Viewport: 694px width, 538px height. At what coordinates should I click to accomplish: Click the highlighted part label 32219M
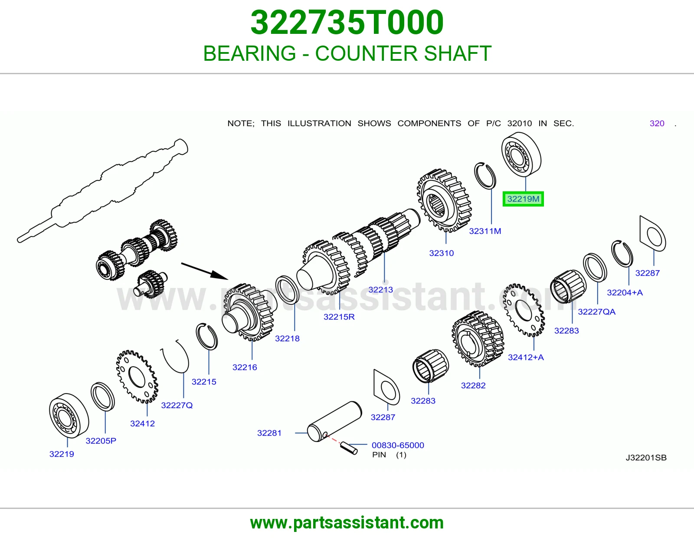[523, 199]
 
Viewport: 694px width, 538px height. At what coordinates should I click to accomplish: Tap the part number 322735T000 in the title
[347, 23]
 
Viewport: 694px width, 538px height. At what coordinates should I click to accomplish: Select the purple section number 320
[657, 123]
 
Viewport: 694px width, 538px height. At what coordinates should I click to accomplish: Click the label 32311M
[485, 231]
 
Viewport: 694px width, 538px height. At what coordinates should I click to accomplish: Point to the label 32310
[442, 253]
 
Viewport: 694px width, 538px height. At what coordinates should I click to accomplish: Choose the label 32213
[381, 289]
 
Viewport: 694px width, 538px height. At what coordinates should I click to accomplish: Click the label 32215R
[339, 317]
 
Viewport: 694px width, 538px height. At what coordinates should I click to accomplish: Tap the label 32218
[287, 338]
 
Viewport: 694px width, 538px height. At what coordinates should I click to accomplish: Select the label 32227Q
[177, 405]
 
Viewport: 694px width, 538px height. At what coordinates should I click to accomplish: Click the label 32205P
[101, 440]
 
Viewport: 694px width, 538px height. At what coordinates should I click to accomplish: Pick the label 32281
[269, 433]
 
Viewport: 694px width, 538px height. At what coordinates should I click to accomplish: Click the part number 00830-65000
[398, 445]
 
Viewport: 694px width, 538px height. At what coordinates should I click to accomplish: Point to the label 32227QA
[596, 312]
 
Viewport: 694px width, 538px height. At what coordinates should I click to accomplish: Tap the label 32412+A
[526, 357]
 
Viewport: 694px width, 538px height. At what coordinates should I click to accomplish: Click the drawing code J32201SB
[646, 457]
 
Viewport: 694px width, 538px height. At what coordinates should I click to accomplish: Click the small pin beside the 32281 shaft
[348, 448]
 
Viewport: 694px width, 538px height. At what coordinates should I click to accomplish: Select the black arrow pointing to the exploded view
[205, 271]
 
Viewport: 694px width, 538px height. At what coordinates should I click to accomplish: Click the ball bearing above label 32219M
[521, 154]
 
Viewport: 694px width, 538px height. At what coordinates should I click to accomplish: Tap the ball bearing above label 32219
[69, 415]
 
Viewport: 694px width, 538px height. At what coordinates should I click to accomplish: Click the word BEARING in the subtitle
[249, 53]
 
